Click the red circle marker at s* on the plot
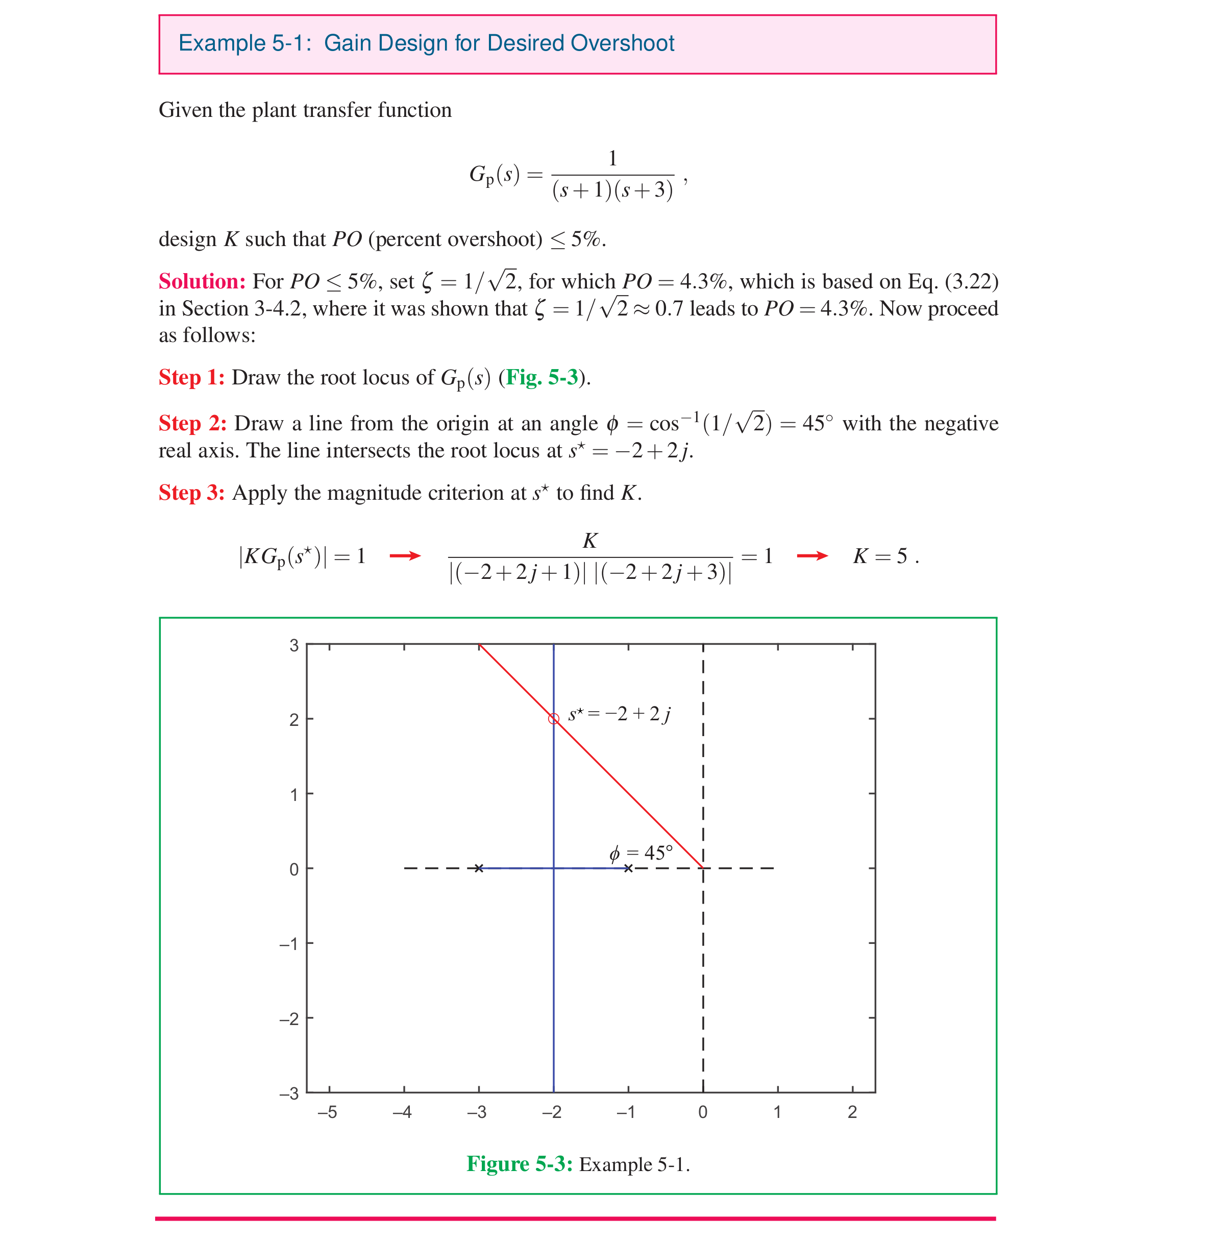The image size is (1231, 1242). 553,719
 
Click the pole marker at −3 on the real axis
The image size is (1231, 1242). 479,868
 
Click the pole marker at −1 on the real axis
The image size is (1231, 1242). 629,868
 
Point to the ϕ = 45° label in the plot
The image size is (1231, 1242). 641,853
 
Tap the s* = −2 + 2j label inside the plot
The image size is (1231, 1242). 619,714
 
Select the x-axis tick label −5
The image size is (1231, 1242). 327,1112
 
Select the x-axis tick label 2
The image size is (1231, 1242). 852,1112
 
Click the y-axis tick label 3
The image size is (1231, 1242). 294,645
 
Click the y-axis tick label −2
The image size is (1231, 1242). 289,1019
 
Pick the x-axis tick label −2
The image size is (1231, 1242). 552,1112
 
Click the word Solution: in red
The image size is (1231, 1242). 202,282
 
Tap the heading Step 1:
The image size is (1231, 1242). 191,377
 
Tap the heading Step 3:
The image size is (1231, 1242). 191,493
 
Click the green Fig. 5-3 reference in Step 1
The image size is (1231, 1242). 542,377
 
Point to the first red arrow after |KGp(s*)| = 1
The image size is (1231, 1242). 405,556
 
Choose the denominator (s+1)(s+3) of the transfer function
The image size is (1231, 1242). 612,190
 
